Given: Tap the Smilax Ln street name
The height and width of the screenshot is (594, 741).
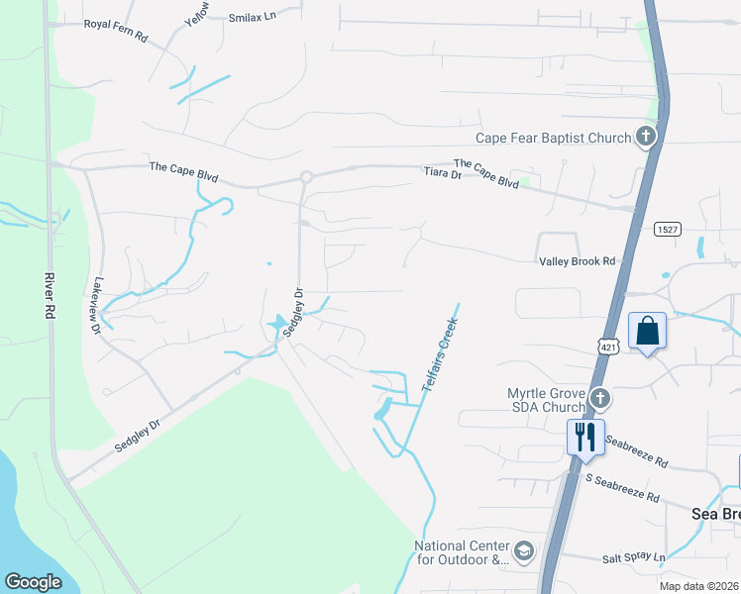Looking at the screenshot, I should [252, 18].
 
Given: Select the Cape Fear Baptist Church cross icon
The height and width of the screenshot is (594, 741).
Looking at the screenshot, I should [646, 137].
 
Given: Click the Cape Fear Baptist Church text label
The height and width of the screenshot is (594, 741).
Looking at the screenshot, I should [553, 139].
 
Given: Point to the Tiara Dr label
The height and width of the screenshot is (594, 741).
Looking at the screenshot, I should [443, 174].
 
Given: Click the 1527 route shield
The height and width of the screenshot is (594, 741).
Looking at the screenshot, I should [668, 229].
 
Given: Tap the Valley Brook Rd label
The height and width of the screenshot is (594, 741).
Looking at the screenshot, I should [578, 260].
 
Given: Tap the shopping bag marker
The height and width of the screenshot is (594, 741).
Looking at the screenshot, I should [647, 330].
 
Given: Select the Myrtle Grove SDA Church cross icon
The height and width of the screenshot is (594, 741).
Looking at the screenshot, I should [599, 399].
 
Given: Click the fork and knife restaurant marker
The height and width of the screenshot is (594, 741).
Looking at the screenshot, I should [584, 436].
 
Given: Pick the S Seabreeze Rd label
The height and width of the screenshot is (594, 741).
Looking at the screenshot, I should [622, 486].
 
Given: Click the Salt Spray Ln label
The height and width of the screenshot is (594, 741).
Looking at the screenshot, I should [634, 558].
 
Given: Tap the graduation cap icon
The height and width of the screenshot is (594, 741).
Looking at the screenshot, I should [524, 550].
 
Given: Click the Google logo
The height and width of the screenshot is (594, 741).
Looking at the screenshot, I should [33, 582].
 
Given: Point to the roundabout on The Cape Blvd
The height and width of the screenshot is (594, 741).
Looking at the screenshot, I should [306, 177].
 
